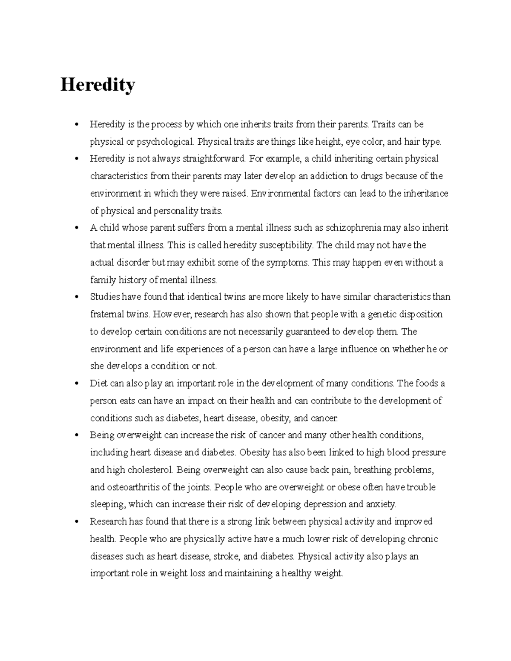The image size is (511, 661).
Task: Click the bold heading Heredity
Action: tap(98, 85)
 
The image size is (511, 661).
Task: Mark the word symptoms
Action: tap(288, 263)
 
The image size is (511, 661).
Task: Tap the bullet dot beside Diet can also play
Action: tap(77, 383)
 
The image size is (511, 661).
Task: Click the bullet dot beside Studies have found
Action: tap(77, 297)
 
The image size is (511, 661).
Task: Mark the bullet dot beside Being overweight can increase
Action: tap(77, 435)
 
